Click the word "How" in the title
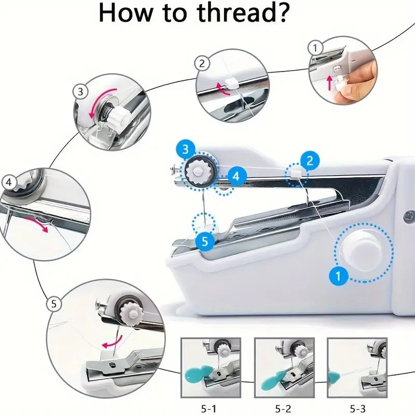pos(126,12)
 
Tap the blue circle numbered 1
pos(338,276)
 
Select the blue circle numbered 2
pos(310,160)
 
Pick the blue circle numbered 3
pos(186,149)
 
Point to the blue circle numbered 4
pos(237,176)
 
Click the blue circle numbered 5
pos(205,241)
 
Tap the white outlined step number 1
pos(315,48)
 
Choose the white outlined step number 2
pos(202,63)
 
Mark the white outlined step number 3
pos(80,92)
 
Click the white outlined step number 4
pos(9,183)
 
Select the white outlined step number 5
pos(54,304)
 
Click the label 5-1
pos(209,409)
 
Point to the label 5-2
pos(283,409)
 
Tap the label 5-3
pos(357,409)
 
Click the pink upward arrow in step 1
pos(330,82)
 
